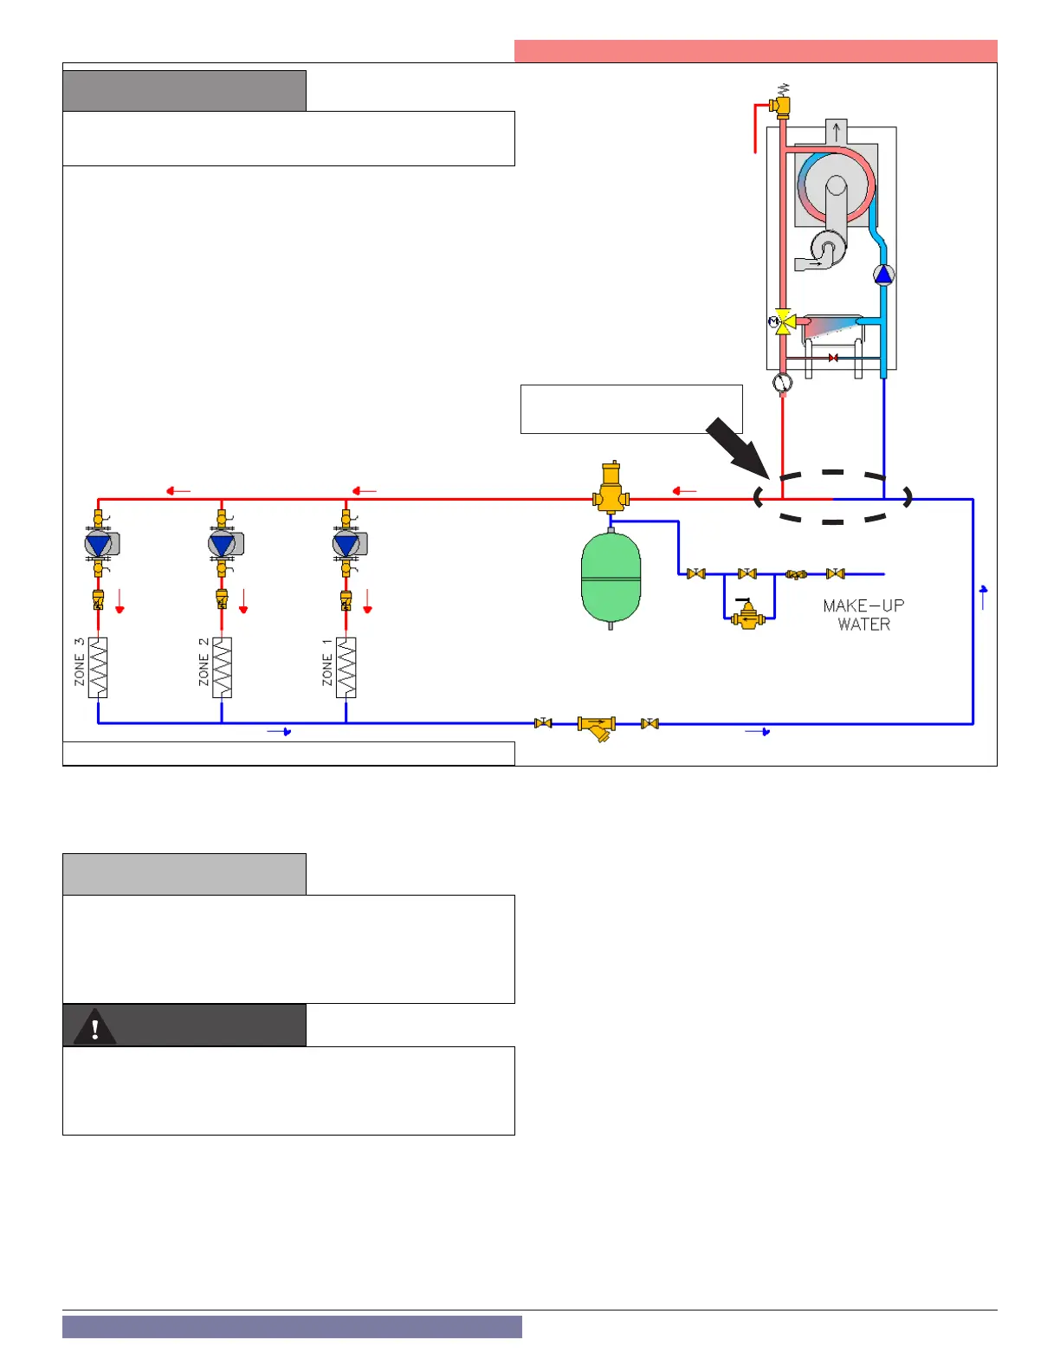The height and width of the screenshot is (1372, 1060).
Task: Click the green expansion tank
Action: tap(611, 579)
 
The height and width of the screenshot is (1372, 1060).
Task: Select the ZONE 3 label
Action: tap(80, 662)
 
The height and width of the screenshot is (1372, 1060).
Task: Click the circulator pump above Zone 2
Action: tap(223, 544)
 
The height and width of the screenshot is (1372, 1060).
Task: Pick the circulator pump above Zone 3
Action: tap(99, 544)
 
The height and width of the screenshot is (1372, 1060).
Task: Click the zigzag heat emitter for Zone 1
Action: tap(346, 668)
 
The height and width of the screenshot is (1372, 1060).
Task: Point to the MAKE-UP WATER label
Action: tap(863, 615)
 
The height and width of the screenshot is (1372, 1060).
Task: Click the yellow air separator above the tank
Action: tap(611, 489)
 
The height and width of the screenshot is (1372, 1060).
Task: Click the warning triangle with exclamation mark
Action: tap(95, 1027)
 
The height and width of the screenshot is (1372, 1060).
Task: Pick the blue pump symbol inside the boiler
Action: tap(883, 275)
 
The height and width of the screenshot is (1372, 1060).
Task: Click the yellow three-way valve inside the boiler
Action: tap(785, 321)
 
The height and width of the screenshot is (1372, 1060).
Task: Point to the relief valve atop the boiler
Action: tap(782, 103)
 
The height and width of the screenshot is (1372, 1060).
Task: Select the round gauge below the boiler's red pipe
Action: tap(783, 382)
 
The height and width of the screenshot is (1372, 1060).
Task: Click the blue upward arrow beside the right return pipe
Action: tap(983, 596)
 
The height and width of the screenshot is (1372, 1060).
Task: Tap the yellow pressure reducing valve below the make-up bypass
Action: tap(747, 616)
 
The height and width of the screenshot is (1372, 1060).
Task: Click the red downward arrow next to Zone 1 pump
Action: tap(367, 601)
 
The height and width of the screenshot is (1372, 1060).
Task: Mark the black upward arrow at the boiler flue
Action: tap(837, 132)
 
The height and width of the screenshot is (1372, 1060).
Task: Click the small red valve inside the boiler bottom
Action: tap(833, 358)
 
